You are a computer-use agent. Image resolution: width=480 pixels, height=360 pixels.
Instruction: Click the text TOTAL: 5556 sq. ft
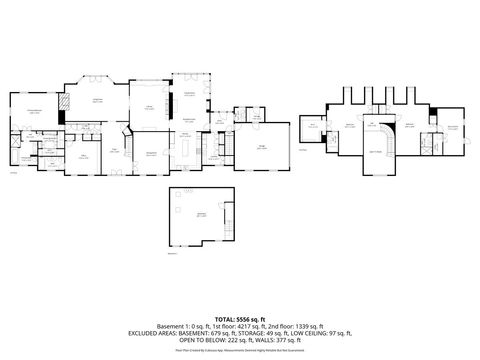(239, 317)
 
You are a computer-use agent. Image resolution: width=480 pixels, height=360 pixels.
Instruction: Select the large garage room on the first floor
(262, 148)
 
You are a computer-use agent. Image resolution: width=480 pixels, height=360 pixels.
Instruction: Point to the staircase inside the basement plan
(229, 215)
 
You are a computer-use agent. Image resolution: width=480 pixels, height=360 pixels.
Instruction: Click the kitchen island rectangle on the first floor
(187, 149)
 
